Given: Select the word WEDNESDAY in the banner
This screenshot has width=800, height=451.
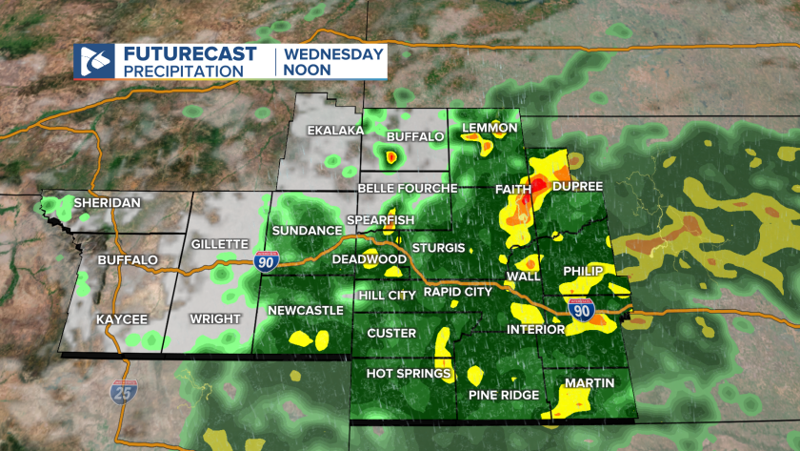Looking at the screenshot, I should (x=332, y=54).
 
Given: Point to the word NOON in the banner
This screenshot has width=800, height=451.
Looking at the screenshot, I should (x=307, y=71).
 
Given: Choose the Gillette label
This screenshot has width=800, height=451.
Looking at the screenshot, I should (x=220, y=244).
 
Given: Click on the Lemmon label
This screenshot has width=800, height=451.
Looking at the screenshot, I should (x=489, y=128).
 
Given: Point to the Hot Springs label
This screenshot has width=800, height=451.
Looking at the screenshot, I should (x=409, y=373).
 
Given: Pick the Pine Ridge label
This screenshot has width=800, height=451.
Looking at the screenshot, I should (x=504, y=395).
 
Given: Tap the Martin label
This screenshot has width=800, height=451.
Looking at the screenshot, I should (x=589, y=383).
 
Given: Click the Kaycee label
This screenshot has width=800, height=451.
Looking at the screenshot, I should (x=121, y=318).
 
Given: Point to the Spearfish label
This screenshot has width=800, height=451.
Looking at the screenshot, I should (x=380, y=220).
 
